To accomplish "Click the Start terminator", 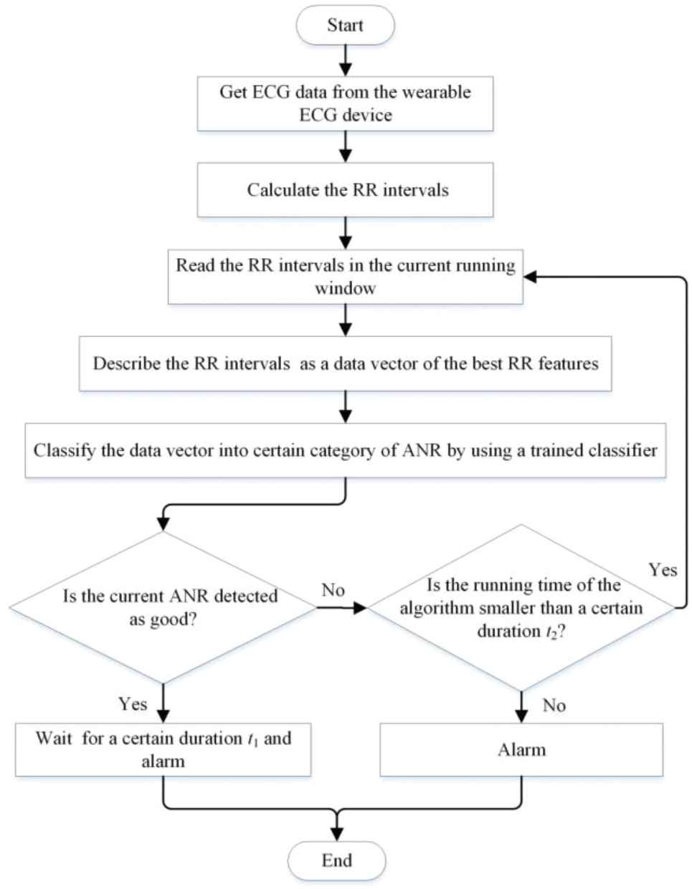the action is tap(346, 25).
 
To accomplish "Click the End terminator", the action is tap(337, 860).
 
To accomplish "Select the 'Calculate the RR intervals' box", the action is tap(346, 190).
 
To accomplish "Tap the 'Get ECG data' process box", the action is tap(346, 103).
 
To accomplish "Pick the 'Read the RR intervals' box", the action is tap(346, 277).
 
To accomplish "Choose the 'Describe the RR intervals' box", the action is tap(346, 363).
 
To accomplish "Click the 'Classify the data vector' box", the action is tap(346, 450).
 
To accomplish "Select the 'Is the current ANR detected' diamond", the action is tap(163, 607).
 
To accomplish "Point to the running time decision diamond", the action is tap(521, 608).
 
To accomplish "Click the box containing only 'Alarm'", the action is tap(521, 750).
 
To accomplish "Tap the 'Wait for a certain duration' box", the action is tap(163, 750).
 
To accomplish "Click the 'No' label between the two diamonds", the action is tap(333, 590).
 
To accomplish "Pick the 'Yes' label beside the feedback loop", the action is tap(663, 569).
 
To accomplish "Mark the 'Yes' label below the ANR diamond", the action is tap(133, 704).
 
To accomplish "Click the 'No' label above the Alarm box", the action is tap(554, 705).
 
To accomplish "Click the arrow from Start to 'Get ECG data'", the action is tap(346, 60).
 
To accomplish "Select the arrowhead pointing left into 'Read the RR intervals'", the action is tap(530, 277).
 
